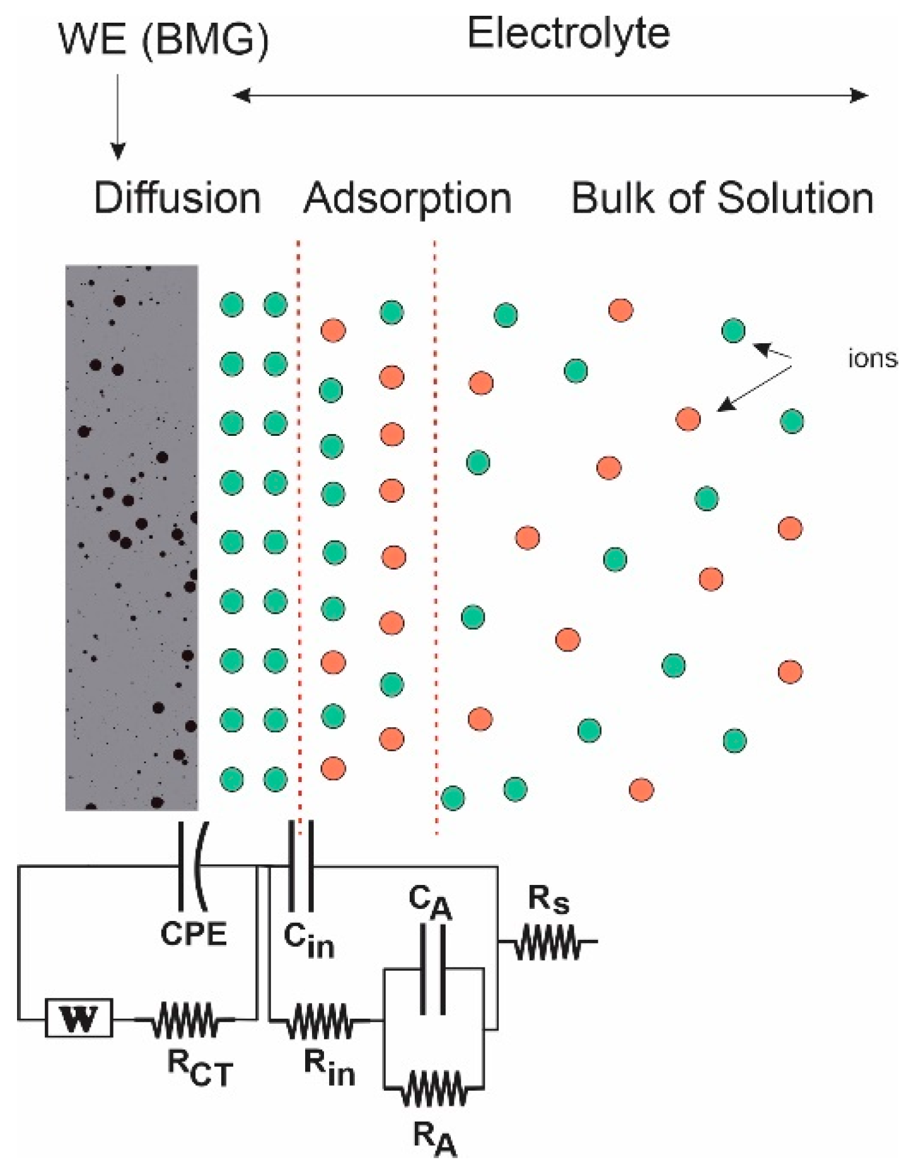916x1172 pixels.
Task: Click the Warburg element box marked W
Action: click(x=79, y=1017)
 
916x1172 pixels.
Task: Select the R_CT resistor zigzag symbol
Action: click(x=185, y=1019)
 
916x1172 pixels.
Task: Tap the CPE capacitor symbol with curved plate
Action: click(x=193, y=865)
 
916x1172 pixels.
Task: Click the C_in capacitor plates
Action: click(x=301, y=865)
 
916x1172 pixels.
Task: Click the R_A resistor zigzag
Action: click(x=434, y=1087)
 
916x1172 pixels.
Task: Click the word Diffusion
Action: click(x=177, y=198)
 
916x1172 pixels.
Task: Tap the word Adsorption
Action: click(x=407, y=198)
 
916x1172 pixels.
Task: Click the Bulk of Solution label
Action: click(x=722, y=198)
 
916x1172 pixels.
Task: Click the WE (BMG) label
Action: click(x=163, y=40)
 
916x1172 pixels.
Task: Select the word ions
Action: click(x=872, y=358)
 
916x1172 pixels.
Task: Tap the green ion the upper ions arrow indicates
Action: click(x=733, y=331)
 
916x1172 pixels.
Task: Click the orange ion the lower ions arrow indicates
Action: click(x=688, y=419)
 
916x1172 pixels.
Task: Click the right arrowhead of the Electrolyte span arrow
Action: click(x=860, y=96)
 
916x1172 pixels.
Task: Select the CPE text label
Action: click(x=194, y=934)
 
